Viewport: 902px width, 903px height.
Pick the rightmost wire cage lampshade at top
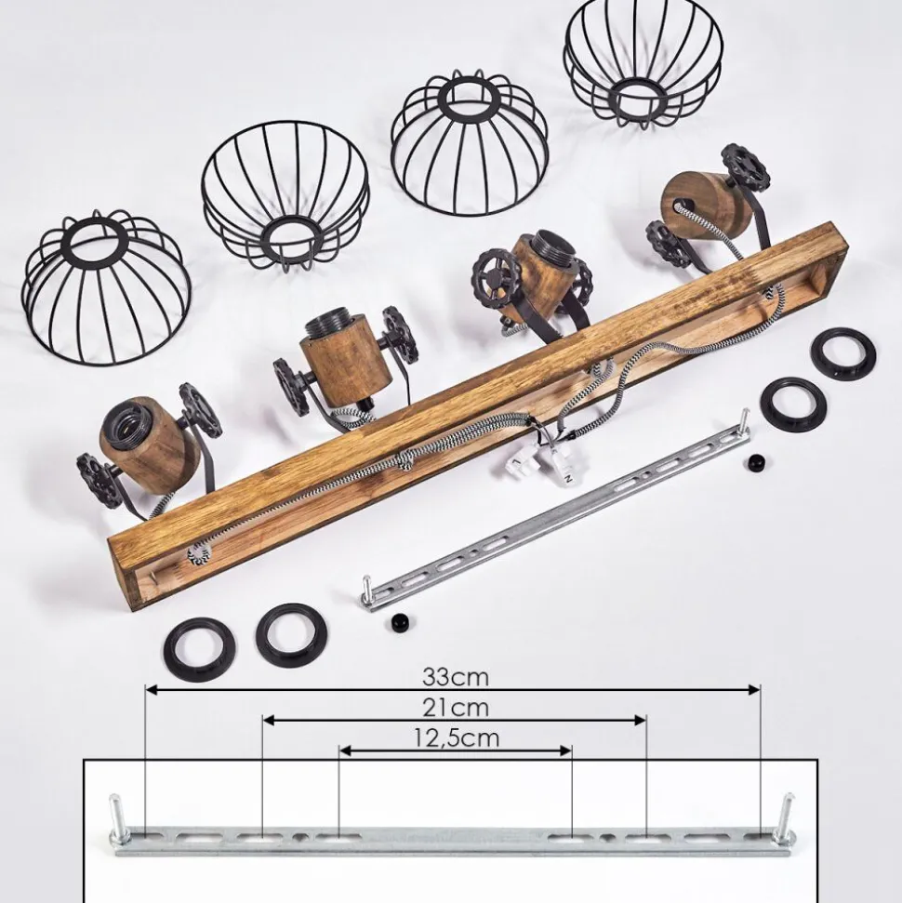coord(643,63)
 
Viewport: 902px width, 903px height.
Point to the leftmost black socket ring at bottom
coord(199,650)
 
